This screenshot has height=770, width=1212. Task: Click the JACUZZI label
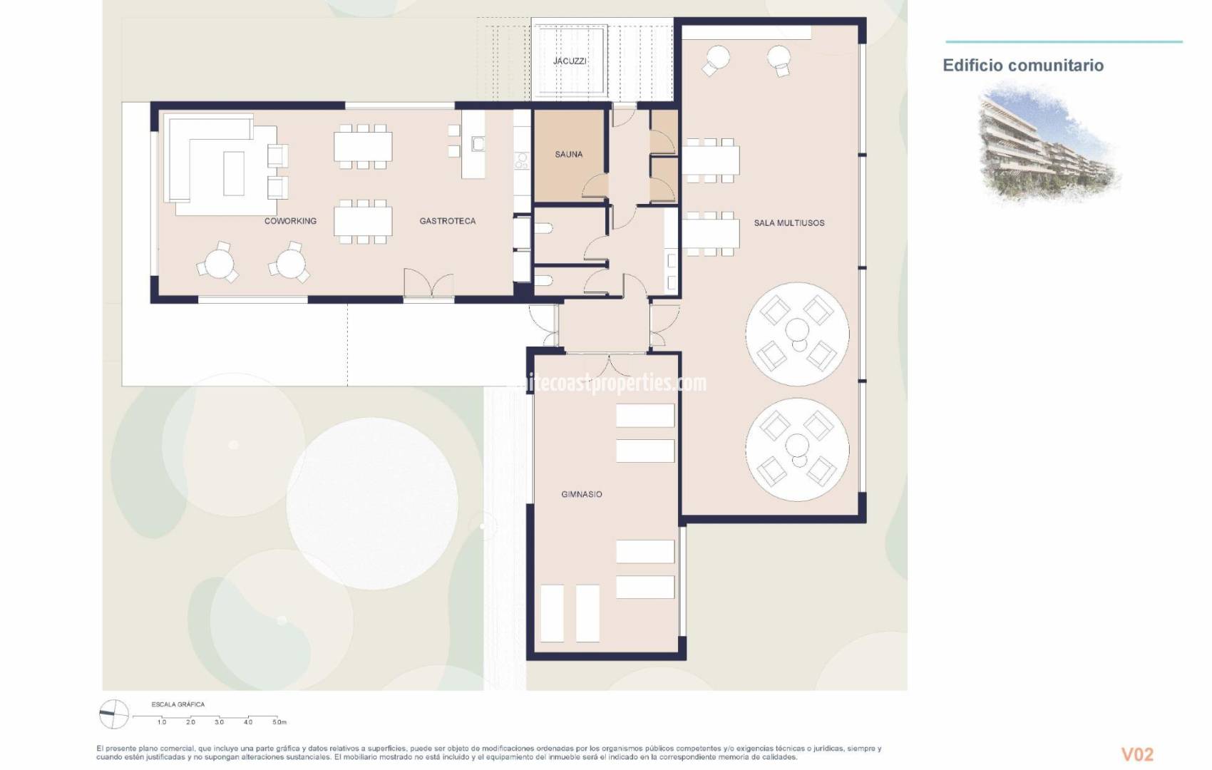[570, 61]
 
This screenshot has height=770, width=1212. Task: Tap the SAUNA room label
[568, 154]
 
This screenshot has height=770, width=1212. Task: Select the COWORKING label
[290, 221]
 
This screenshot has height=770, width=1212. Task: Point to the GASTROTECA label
[447, 221]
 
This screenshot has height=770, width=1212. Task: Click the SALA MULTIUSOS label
[789, 223]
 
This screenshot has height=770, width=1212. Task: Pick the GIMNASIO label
[581, 494]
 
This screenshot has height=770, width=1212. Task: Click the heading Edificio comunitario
[1023, 66]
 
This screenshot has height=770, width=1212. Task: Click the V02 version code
[1137, 754]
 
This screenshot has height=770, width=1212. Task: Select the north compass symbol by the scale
[113, 714]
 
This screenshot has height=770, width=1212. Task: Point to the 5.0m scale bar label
[279, 722]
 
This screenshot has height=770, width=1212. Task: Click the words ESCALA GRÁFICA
[178, 704]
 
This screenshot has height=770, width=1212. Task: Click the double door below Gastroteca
[428, 284]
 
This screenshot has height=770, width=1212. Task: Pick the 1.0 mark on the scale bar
[162, 722]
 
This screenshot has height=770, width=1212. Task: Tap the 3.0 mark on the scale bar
[219, 722]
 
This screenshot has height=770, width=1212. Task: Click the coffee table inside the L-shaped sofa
[234, 173]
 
